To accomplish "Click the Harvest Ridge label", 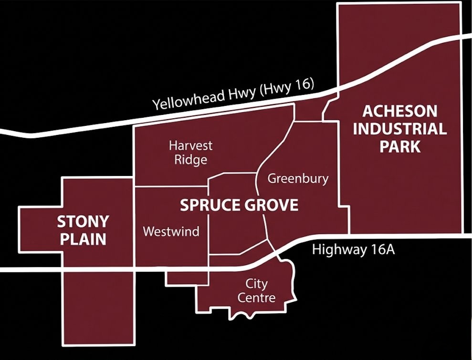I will click(x=190, y=152).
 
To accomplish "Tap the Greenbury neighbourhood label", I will click(x=298, y=179).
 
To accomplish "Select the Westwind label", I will click(x=171, y=232).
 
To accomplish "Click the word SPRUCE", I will click(x=211, y=206).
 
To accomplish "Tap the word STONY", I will click(x=83, y=222).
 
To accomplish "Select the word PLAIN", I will click(x=83, y=239).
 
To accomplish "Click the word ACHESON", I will click(x=399, y=111).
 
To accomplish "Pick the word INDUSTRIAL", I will click(x=399, y=129).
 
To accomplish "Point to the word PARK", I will click(x=400, y=146).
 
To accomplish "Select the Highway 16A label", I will click(x=353, y=249).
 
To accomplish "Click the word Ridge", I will click(x=190, y=159).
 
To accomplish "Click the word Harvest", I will click(x=191, y=145).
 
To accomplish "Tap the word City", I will click(x=256, y=284).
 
